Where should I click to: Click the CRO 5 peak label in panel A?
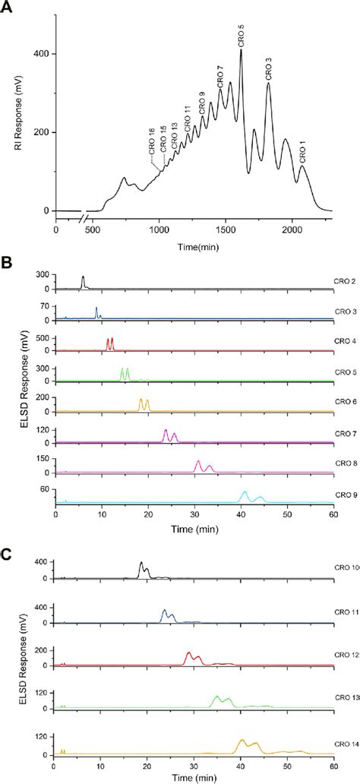pos(242,36)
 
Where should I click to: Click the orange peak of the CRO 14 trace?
pos(243,741)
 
